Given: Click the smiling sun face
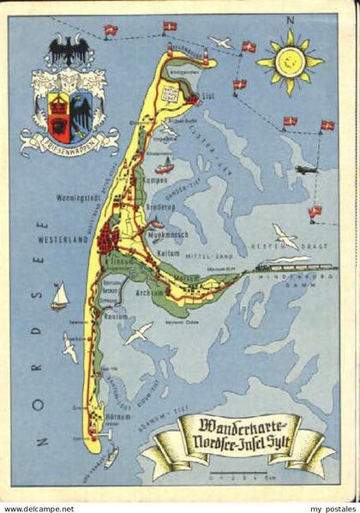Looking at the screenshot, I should pos(290,61).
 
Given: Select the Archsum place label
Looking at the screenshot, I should pos(149,292).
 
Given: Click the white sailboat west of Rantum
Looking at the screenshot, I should pos(58,296).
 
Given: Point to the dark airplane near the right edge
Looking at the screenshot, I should pos(307,170).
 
